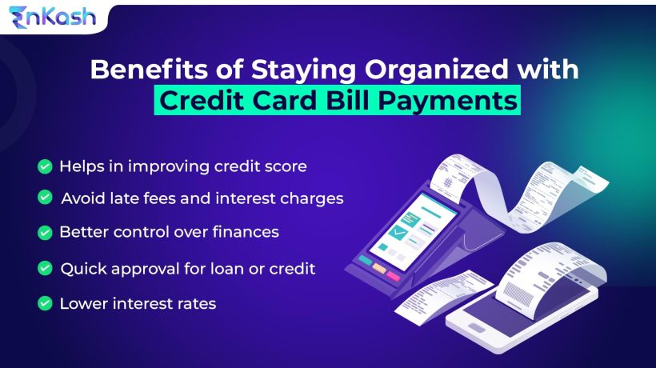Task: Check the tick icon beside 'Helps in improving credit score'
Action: tap(45, 166)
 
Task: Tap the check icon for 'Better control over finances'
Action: tap(45, 233)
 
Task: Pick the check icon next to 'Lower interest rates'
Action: tap(45, 304)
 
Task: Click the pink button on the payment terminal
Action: tap(394, 274)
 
